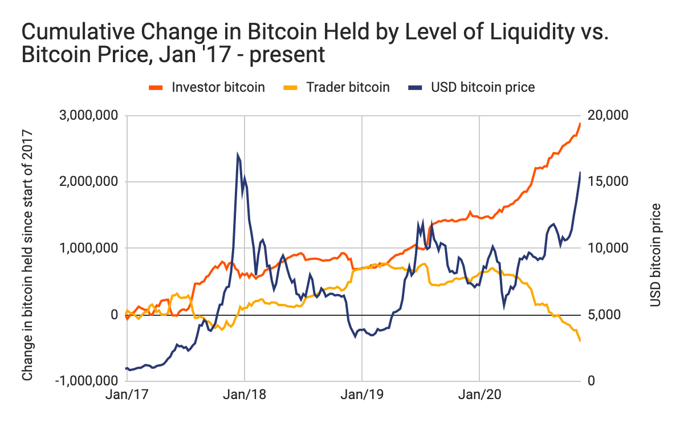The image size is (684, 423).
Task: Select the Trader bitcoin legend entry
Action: (336, 87)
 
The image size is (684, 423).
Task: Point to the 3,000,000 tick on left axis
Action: (90, 116)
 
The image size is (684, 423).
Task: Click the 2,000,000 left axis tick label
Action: (90, 182)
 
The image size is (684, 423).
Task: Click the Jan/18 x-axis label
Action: (245, 394)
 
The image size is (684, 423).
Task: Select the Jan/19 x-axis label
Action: (362, 394)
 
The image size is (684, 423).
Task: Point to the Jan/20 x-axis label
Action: (480, 394)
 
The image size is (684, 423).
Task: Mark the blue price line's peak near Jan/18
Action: (237, 154)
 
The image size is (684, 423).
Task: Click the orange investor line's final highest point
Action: (580, 123)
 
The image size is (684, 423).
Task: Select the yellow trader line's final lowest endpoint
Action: (580, 341)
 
